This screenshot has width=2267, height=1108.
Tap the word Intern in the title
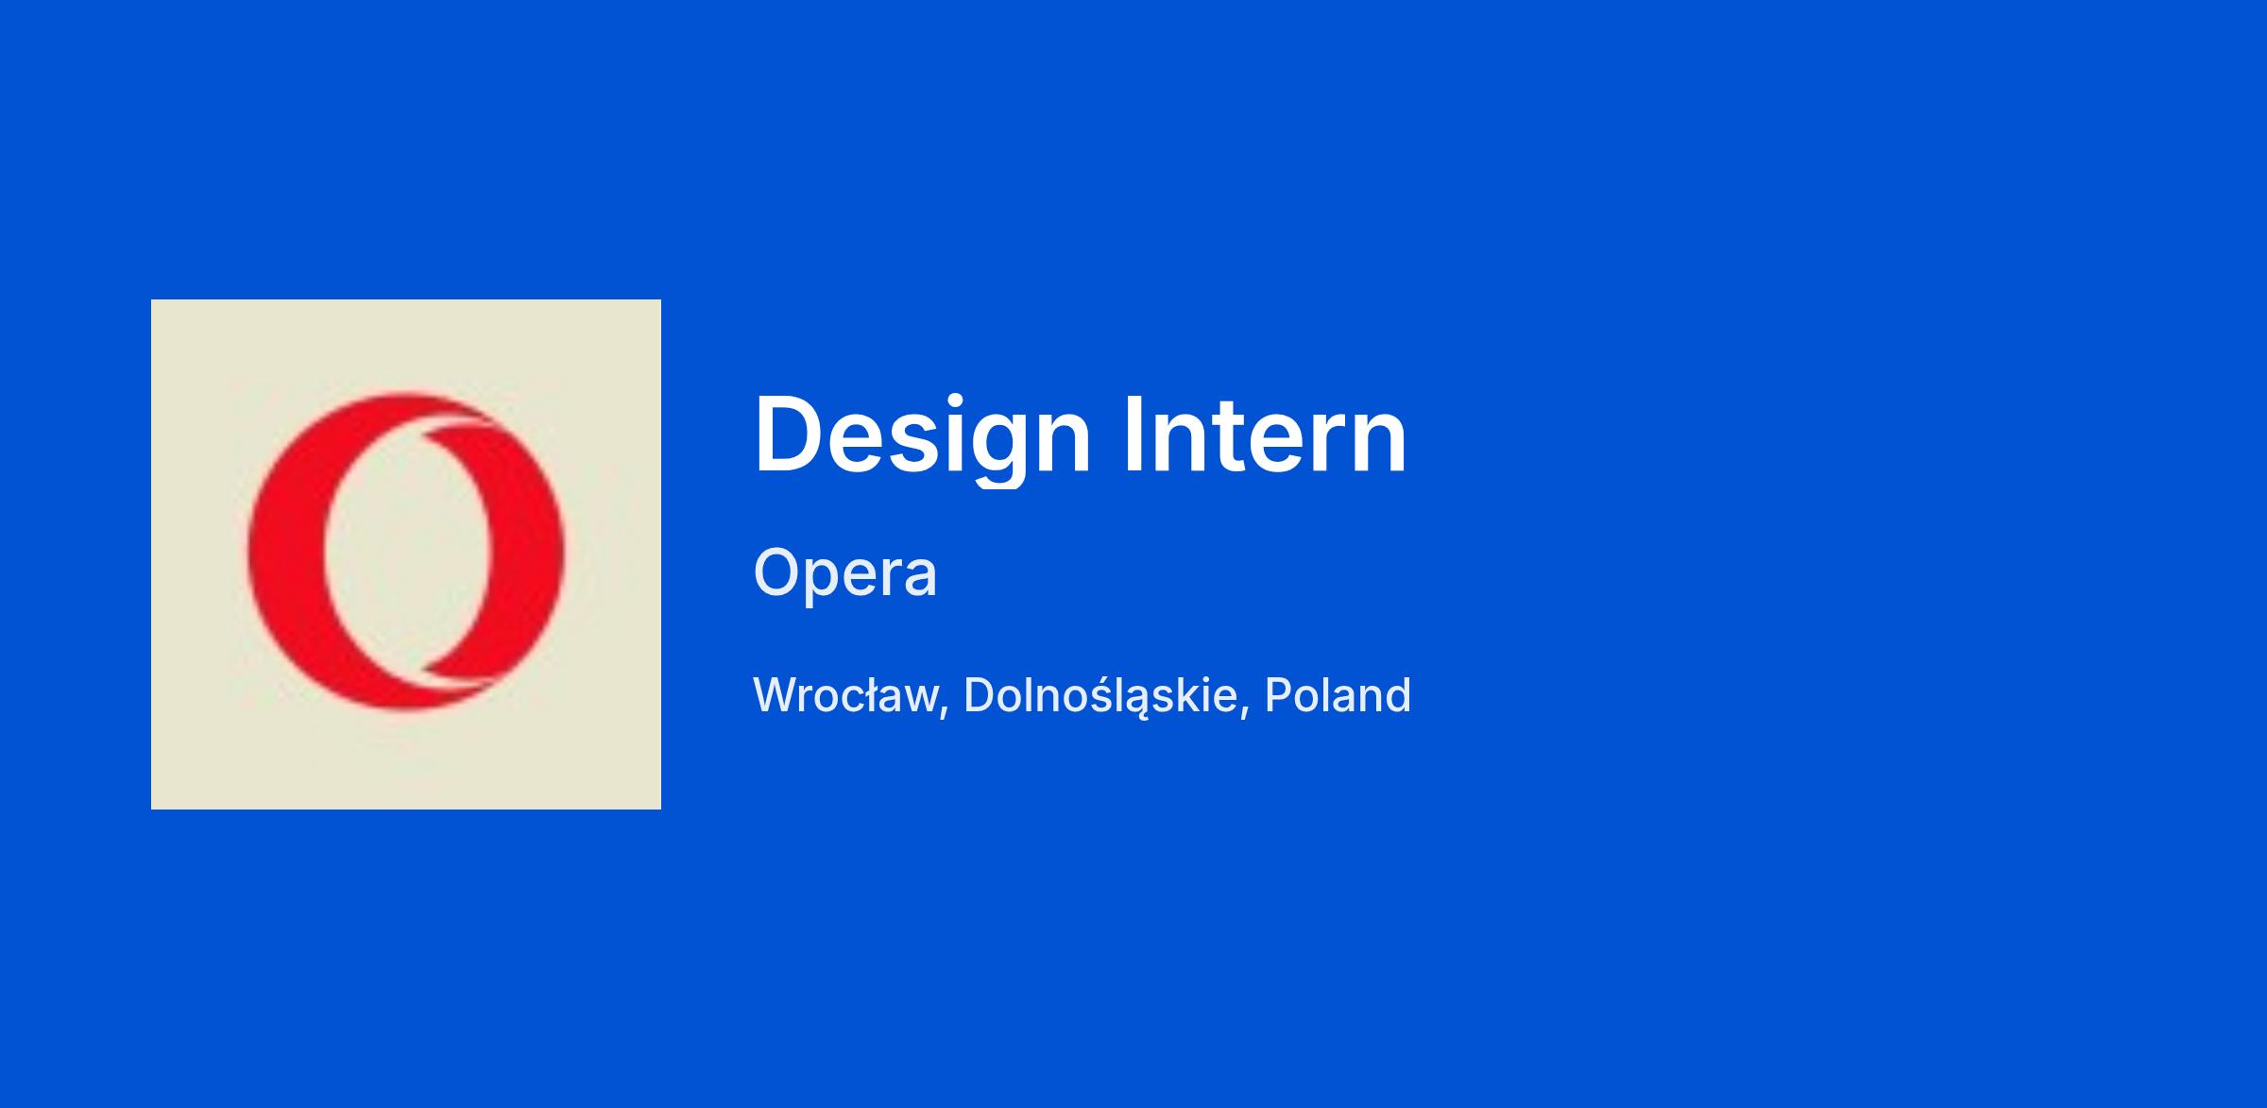tap(1266, 435)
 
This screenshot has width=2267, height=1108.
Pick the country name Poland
tap(1338, 695)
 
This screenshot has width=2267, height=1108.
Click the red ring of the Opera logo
tap(286, 552)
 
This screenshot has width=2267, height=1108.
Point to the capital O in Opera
tap(780, 572)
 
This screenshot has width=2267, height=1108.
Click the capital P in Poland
tap(1280, 695)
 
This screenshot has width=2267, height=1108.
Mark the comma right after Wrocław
tap(945, 711)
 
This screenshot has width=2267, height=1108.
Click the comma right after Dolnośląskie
tap(1244, 711)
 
